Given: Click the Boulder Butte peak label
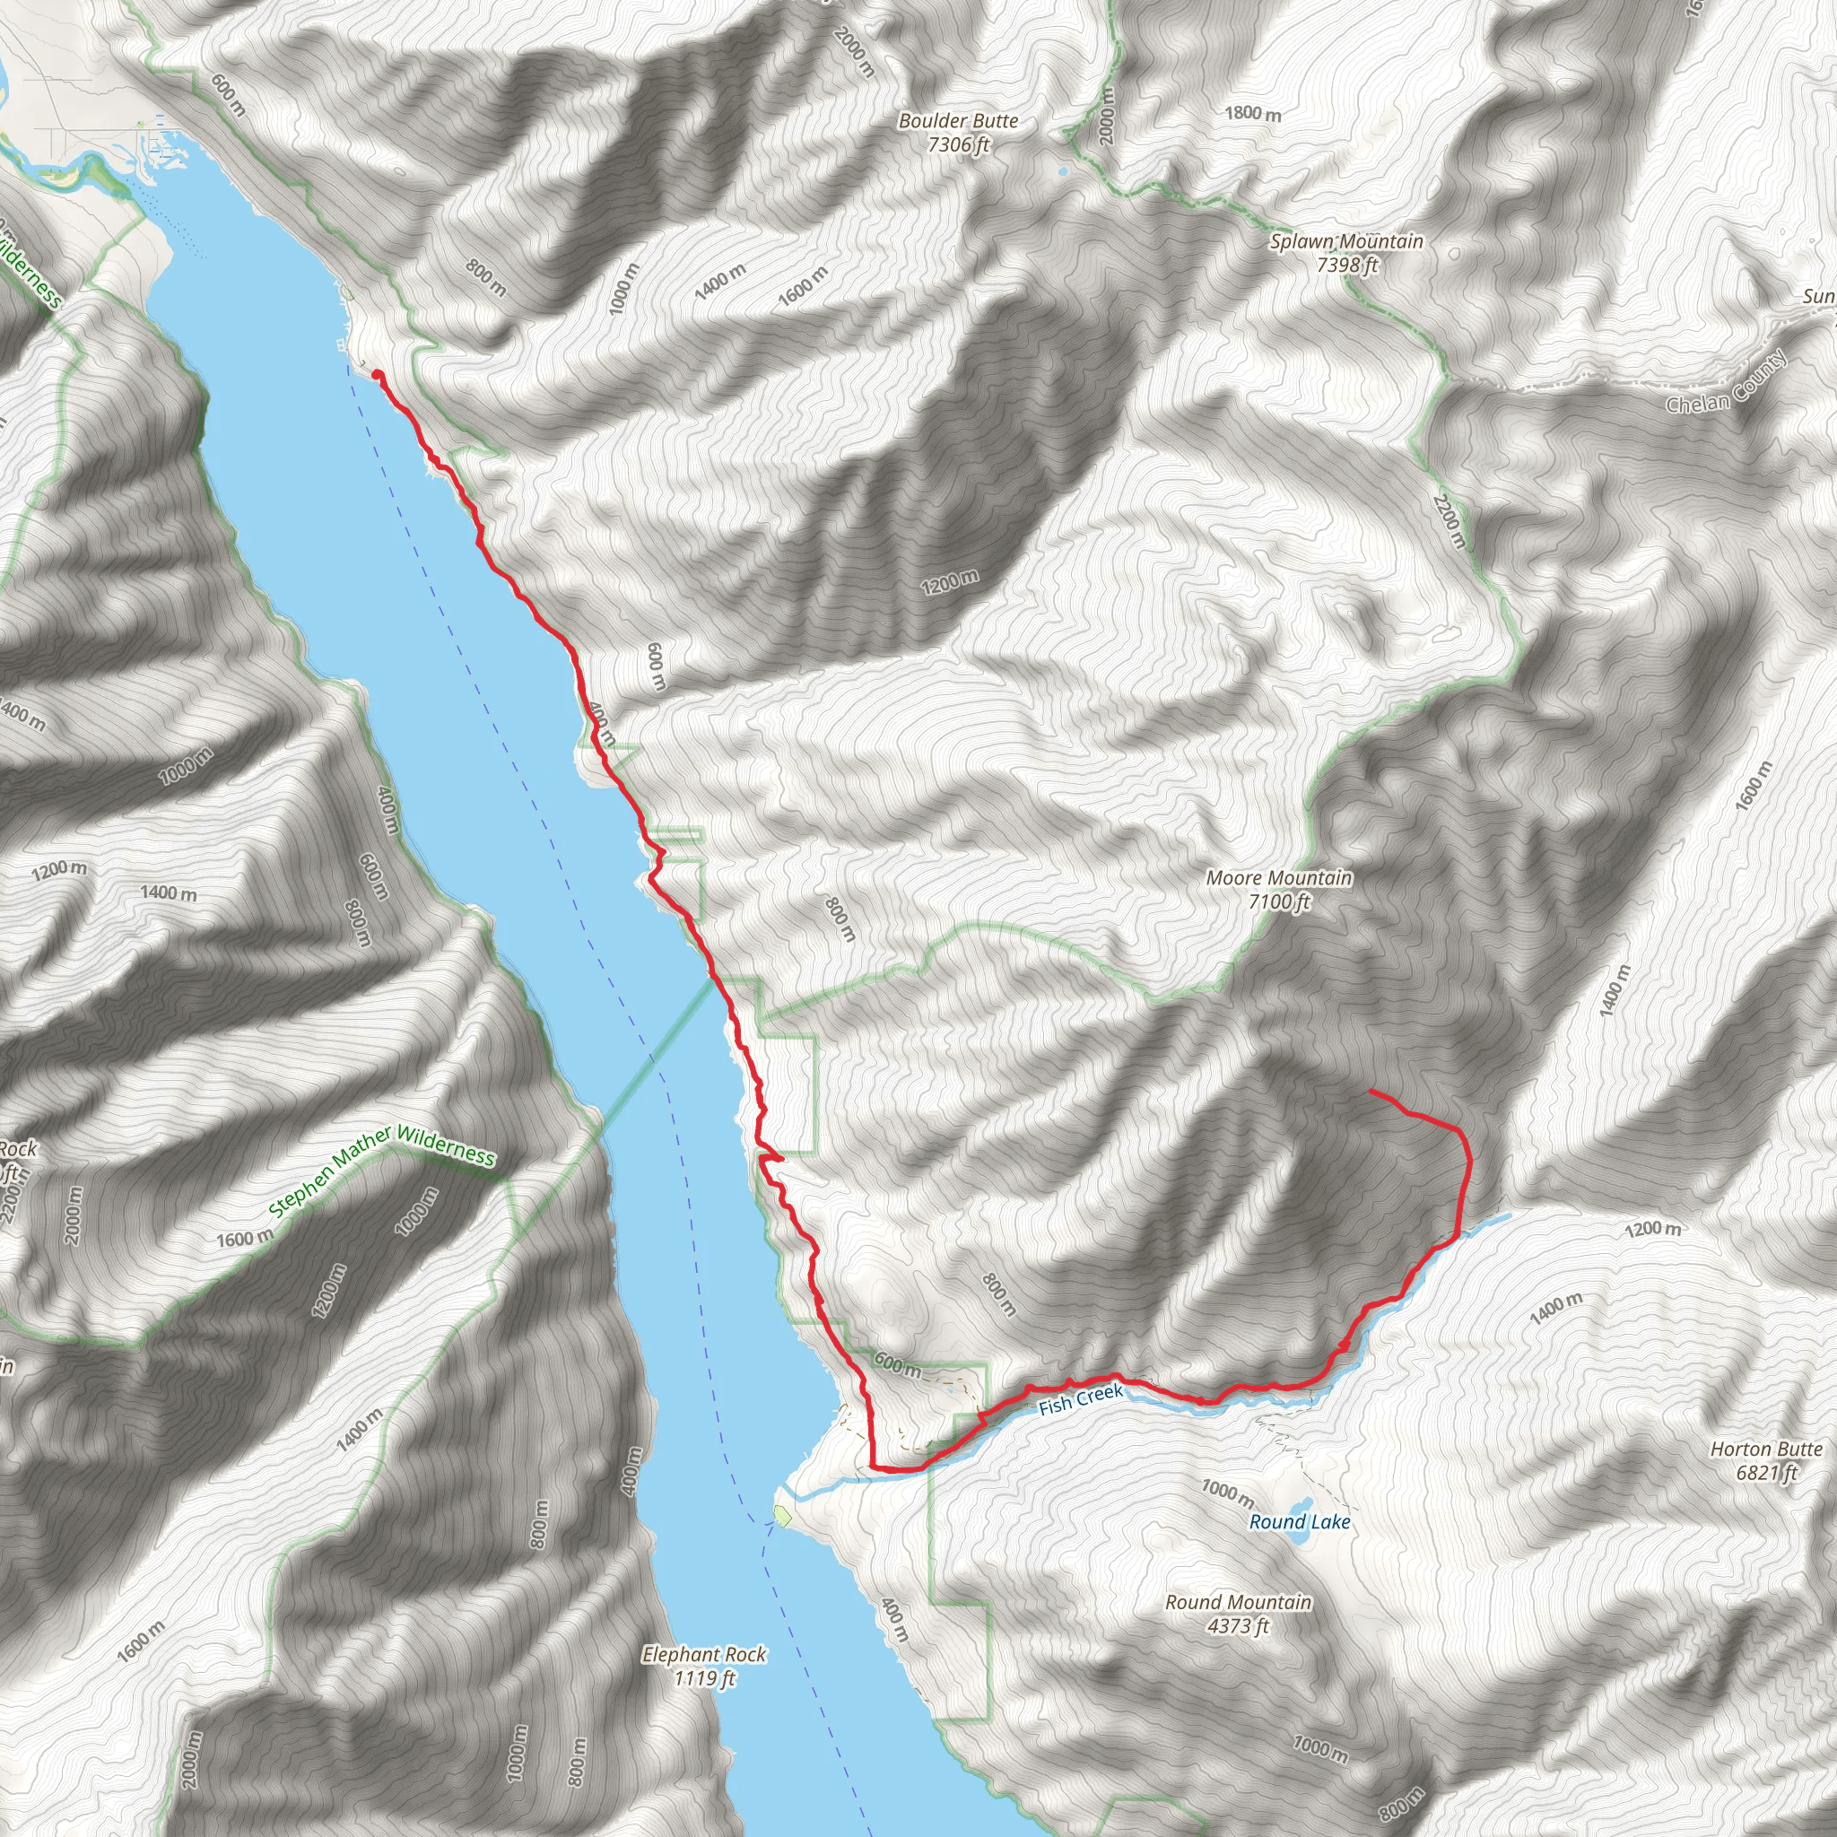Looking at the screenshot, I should (959, 132).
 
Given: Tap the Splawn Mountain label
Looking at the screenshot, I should (1346, 253).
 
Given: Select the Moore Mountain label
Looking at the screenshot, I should (1279, 889).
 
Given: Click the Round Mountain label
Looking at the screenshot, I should (1238, 1614).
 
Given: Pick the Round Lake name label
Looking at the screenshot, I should (1299, 1522).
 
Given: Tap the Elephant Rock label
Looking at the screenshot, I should (703, 1666).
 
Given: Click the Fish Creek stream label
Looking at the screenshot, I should (1080, 1399).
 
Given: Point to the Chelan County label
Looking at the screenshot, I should (1726, 382).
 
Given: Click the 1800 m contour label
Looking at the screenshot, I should (1252, 114).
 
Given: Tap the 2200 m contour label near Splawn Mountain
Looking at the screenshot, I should (1450, 521).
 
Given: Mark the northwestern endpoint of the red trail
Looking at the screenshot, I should (378, 375).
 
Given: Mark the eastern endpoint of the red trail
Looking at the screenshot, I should (1371, 1091).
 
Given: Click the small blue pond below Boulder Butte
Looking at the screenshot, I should (1061, 173).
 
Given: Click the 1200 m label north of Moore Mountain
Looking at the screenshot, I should (949, 582).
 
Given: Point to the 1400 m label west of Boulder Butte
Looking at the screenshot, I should (719, 283).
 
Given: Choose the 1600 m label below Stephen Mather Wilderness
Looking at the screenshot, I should (244, 1240).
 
